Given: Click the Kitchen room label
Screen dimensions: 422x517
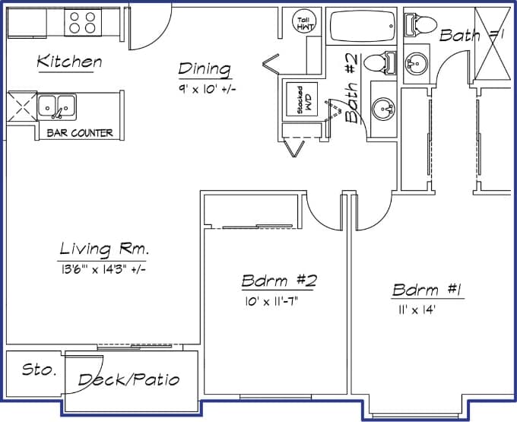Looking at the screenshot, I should (69, 62).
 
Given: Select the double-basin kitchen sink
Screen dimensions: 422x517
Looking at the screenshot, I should (57, 106).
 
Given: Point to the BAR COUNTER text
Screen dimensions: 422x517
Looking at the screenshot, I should (80, 133).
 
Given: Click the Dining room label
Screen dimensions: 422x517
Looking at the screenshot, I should (205, 69).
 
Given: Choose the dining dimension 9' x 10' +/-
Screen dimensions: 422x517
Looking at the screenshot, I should (205, 89).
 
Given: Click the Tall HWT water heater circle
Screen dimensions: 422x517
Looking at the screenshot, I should (303, 22).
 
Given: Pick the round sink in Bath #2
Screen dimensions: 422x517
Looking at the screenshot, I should (383, 111).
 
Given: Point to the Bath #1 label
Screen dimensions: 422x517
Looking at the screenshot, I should (471, 34).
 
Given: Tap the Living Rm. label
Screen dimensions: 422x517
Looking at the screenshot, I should (104, 249).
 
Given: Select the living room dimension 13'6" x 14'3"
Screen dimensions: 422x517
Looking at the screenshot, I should (101, 268).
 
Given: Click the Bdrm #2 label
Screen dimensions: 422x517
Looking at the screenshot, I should (278, 281).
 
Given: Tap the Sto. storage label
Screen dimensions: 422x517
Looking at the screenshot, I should (39, 370).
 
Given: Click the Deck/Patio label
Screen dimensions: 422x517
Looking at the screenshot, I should (129, 379).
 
